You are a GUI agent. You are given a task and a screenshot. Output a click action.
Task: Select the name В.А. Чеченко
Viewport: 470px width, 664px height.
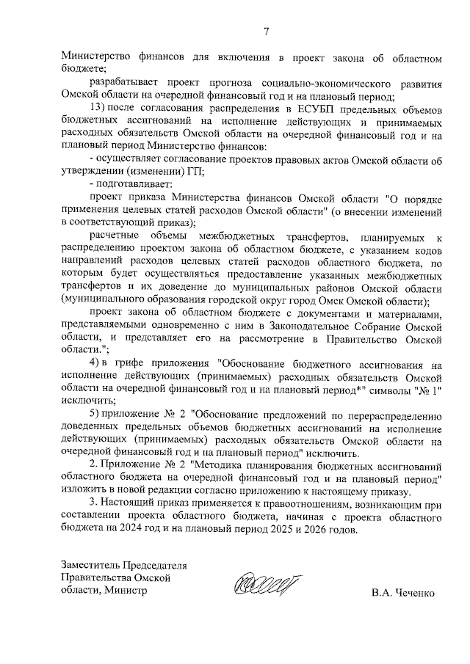pyautogui.click(x=402, y=592)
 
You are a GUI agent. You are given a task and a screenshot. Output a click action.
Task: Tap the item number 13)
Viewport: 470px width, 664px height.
pyautogui.click(x=97, y=109)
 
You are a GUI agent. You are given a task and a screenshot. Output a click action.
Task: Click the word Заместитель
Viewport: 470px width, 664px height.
pyautogui.click(x=92, y=565)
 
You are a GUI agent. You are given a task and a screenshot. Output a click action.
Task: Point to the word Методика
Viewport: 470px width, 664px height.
pyautogui.click(x=222, y=466)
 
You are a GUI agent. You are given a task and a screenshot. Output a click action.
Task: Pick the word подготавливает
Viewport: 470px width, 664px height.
pyautogui.click(x=132, y=185)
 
